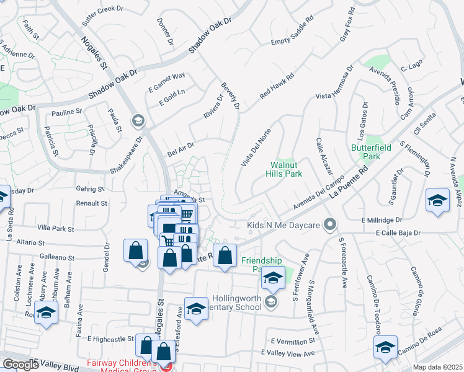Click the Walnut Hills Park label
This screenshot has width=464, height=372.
[x=286, y=170]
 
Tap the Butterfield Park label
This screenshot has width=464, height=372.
[x=383, y=153]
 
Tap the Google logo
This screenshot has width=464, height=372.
[x=21, y=365]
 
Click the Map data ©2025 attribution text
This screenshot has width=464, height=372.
[x=437, y=367]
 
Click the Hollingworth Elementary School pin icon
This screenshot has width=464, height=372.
[x=270, y=302]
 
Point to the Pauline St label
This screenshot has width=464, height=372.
[x=67, y=112]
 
